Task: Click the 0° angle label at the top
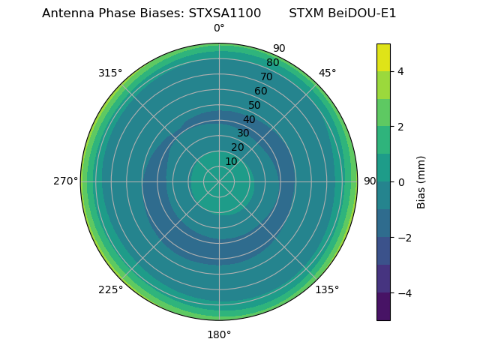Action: (219, 28)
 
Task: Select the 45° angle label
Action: (327, 73)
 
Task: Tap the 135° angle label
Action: (327, 289)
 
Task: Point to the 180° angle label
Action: (219, 334)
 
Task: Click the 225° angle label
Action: (110, 289)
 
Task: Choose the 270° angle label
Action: (65, 181)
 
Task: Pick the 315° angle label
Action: (110, 73)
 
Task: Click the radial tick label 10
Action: (231, 161)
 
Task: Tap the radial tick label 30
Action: (243, 133)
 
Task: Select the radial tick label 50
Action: (254, 105)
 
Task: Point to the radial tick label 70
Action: (266, 76)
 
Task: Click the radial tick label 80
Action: (272, 63)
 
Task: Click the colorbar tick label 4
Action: (401, 71)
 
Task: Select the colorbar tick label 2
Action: (401, 127)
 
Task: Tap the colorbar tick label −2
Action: (404, 238)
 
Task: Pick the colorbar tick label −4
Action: (404, 293)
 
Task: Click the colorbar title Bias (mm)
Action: (421, 181)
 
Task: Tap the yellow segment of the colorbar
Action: (383, 57)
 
